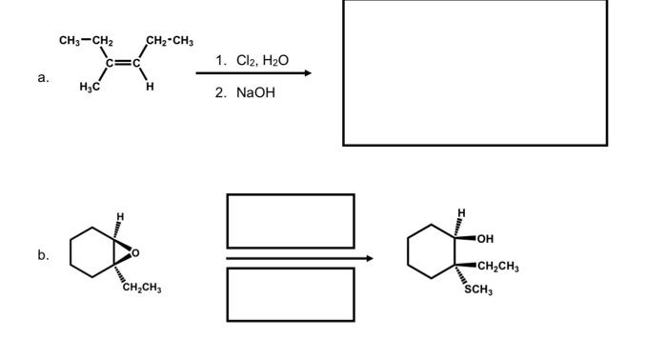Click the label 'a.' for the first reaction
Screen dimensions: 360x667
tap(43, 78)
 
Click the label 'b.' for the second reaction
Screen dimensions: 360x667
tap(43, 255)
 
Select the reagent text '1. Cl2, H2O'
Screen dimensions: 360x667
tap(252, 60)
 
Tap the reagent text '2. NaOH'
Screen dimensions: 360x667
tap(245, 93)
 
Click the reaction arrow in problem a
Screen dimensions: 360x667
tap(253, 74)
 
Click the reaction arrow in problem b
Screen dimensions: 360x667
tap(299, 258)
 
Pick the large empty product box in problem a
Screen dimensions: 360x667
tap(475, 72)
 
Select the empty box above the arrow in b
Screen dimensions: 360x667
tap(290, 221)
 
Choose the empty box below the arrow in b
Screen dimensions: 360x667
tap(290, 294)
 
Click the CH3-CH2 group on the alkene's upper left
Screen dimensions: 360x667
tap(86, 40)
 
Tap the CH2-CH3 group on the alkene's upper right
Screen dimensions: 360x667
tap(170, 40)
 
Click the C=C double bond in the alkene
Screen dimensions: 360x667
tap(125, 64)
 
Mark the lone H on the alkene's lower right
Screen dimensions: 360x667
tap(150, 88)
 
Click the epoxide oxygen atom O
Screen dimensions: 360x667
tap(134, 252)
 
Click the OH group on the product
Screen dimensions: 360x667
tap(486, 238)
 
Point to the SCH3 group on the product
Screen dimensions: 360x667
tap(477, 290)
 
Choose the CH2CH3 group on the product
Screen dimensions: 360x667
tap(497, 266)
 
